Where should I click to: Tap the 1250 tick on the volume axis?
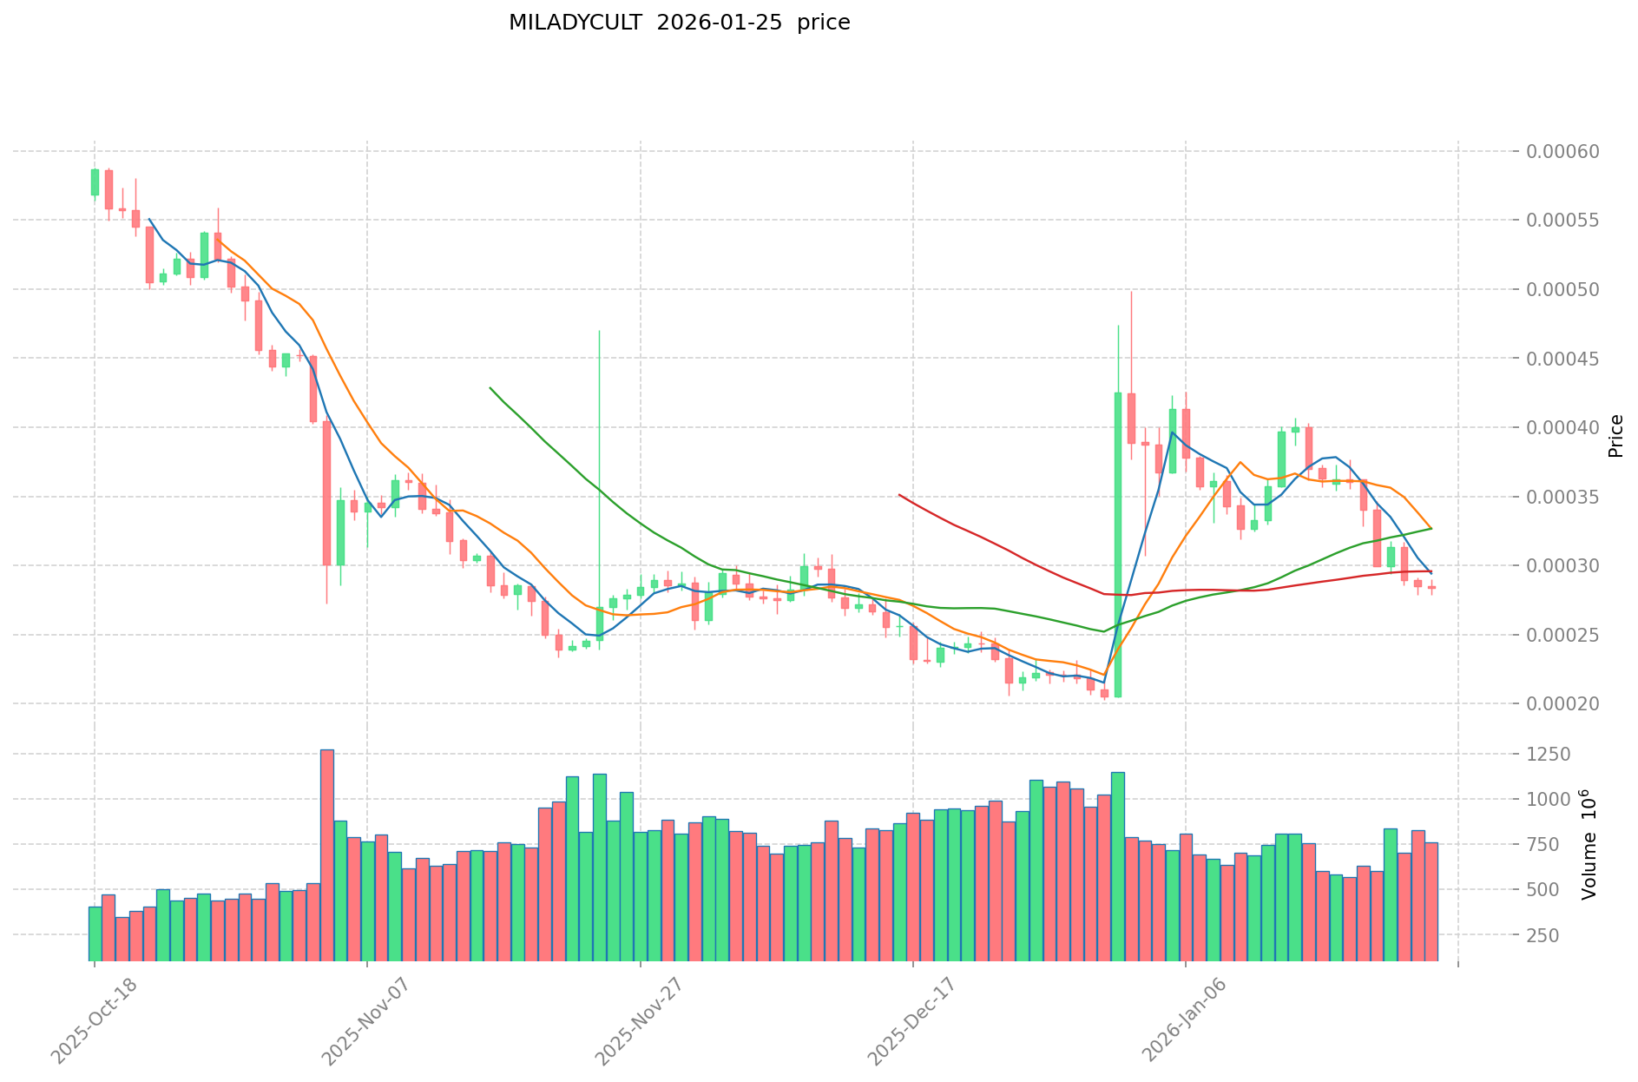[x=1550, y=755]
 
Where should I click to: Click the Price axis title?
[x=1615, y=436]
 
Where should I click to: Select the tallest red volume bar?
[x=326, y=855]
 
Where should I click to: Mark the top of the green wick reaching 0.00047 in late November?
[x=599, y=331]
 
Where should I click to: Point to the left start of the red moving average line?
[x=899, y=495]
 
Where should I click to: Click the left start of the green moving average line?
[x=490, y=388]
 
